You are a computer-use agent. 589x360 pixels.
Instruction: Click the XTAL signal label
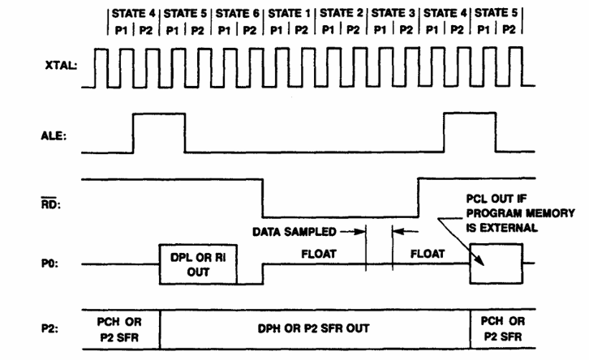tap(61, 66)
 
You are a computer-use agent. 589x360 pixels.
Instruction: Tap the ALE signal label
tap(54, 135)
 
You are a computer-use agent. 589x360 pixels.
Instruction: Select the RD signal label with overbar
tap(51, 204)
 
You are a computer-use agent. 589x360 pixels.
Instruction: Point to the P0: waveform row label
tap(49, 264)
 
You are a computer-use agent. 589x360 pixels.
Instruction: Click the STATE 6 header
tap(238, 14)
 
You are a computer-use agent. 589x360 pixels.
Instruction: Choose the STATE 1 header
tap(290, 14)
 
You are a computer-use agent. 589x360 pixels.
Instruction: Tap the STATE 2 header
tap(342, 13)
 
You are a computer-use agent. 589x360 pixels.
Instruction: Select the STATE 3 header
tap(393, 13)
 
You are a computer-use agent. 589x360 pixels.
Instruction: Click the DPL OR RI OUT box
tap(198, 264)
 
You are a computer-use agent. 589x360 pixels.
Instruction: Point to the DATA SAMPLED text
tap(294, 232)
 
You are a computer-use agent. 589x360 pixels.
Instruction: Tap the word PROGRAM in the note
tap(494, 213)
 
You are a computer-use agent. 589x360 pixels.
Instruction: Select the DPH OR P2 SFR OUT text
tap(313, 328)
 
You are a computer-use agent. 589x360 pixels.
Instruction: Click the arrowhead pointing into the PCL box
tap(481, 262)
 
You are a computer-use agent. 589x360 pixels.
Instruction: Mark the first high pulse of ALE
tap(159, 114)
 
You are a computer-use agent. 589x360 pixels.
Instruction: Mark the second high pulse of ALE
tap(470, 113)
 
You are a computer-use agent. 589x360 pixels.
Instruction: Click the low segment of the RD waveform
tap(340, 217)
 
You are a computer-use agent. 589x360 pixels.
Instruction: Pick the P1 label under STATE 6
tap(224, 30)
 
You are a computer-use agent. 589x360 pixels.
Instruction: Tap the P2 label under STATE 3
tap(406, 30)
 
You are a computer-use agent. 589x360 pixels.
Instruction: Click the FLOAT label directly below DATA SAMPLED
tap(319, 254)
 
